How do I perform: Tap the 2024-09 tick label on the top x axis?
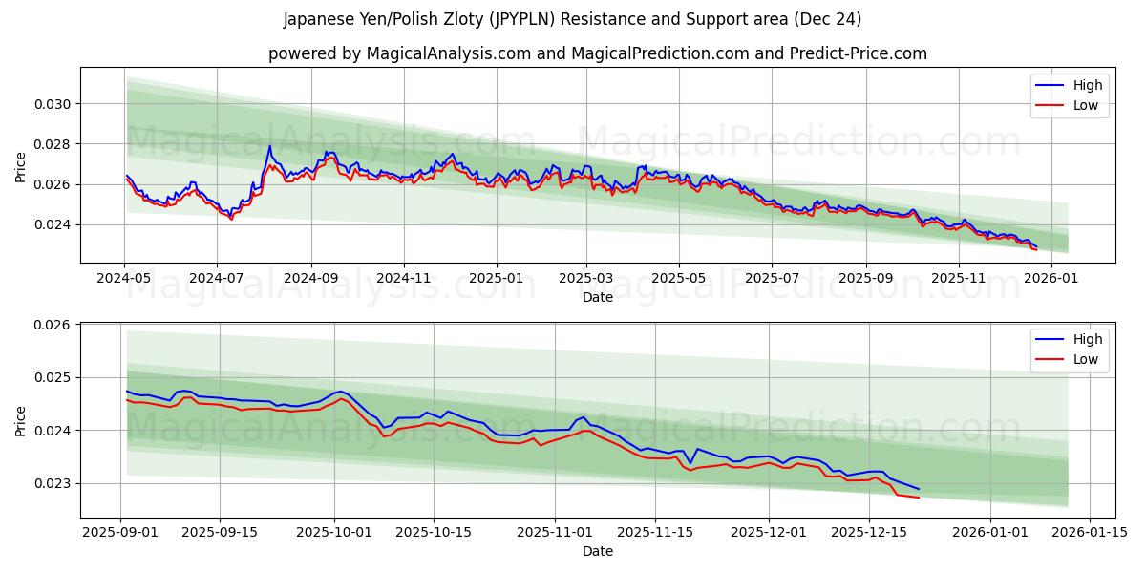click(310, 278)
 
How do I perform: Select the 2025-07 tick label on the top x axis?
click(772, 278)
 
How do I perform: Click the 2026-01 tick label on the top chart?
click(1050, 278)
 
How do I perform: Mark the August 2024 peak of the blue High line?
click(269, 146)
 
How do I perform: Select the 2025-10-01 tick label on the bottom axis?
click(334, 532)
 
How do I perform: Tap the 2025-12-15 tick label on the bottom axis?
click(868, 532)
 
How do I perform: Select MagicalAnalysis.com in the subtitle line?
click(448, 53)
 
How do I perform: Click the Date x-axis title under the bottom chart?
click(597, 551)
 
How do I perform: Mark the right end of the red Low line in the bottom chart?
click(919, 498)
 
